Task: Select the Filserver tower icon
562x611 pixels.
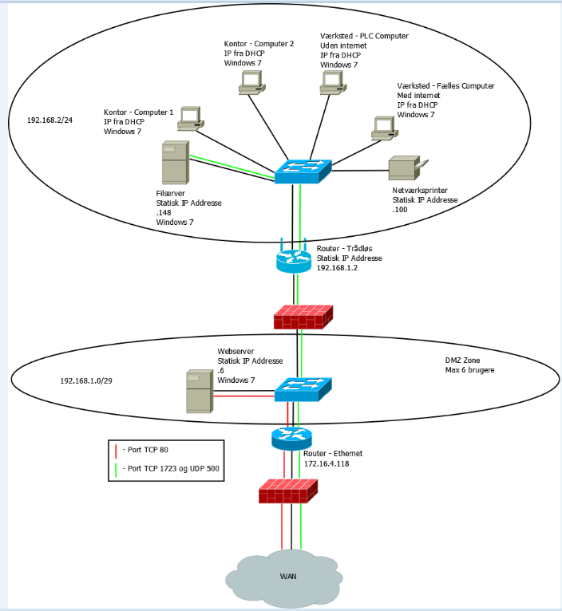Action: pyautogui.click(x=176, y=163)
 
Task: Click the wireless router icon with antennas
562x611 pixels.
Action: pyautogui.click(x=297, y=258)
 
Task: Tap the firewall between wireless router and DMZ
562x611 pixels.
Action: pyautogui.click(x=303, y=316)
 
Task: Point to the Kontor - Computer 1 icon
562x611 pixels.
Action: pyautogui.click(x=191, y=118)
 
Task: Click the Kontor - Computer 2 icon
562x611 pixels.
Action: pyautogui.click(x=251, y=82)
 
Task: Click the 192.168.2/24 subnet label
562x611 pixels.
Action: pyautogui.click(x=50, y=120)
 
